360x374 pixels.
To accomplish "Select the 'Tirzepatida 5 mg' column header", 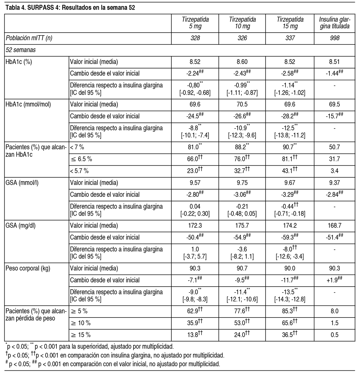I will pyautogui.click(x=195, y=23).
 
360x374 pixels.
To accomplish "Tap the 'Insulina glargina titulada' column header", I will pyautogui.click(x=334, y=23).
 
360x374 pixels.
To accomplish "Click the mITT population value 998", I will pyautogui.click(x=334, y=38).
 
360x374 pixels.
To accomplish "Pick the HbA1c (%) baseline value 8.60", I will pyautogui.click(x=242, y=62).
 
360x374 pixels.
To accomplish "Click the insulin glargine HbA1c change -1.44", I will pyautogui.click(x=334, y=73).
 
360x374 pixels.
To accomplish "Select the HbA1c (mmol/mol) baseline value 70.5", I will pyautogui.click(x=242, y=105).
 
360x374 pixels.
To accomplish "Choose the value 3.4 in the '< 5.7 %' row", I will pyautogui.click(x=334, y=171).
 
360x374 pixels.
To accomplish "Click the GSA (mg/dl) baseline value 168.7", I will pyautogui.click(x=334, y=226).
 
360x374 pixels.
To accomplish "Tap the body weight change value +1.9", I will pyautogui.click(x=334, y=280).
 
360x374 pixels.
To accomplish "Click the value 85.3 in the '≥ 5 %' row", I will pyautogui.click(x=288, y=311).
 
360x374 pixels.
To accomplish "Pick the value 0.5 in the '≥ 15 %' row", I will pyautogui.click(x=334, y=335).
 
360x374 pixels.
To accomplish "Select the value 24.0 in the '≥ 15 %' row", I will pyautogui.click(x=241, y=335).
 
